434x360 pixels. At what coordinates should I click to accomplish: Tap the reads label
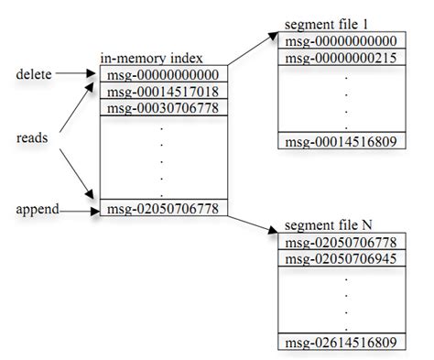(33, 137)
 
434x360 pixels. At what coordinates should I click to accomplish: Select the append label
(36, 209)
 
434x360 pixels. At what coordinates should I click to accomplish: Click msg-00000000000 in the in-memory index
(161, 74)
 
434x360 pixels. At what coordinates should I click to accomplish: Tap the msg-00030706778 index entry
(161, 106)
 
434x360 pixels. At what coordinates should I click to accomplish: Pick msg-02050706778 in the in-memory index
(161, 210)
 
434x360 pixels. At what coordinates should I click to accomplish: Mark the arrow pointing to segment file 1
(253, 49)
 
